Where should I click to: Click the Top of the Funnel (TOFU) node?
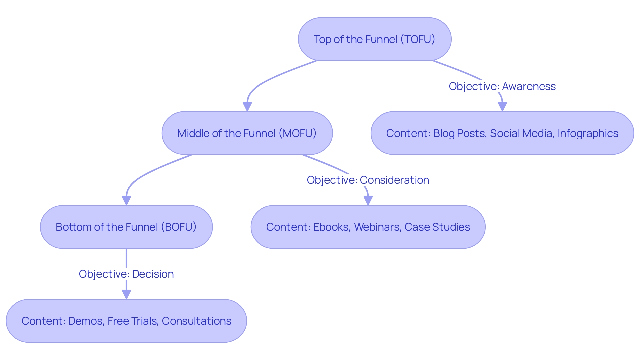[374, 39]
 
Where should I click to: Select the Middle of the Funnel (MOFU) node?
[247, 133]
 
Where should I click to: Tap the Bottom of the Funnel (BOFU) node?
[126, 227]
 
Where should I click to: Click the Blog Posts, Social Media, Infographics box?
[502, 133]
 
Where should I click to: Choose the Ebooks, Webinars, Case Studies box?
[368, 227]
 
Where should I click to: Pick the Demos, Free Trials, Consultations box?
[126, 321]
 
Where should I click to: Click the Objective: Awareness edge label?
[502, 86]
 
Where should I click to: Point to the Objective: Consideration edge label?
[368, 180]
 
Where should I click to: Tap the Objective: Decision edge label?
[126, 274]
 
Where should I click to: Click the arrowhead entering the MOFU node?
[247, 107]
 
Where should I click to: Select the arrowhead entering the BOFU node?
[126, 201]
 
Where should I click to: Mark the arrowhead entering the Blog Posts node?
[502, 107]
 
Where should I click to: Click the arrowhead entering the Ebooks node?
[368, 201]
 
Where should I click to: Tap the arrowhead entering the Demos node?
[126, 294]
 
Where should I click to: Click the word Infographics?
[588, 133]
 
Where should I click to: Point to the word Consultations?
[196, 321]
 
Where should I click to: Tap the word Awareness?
[529, 86]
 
